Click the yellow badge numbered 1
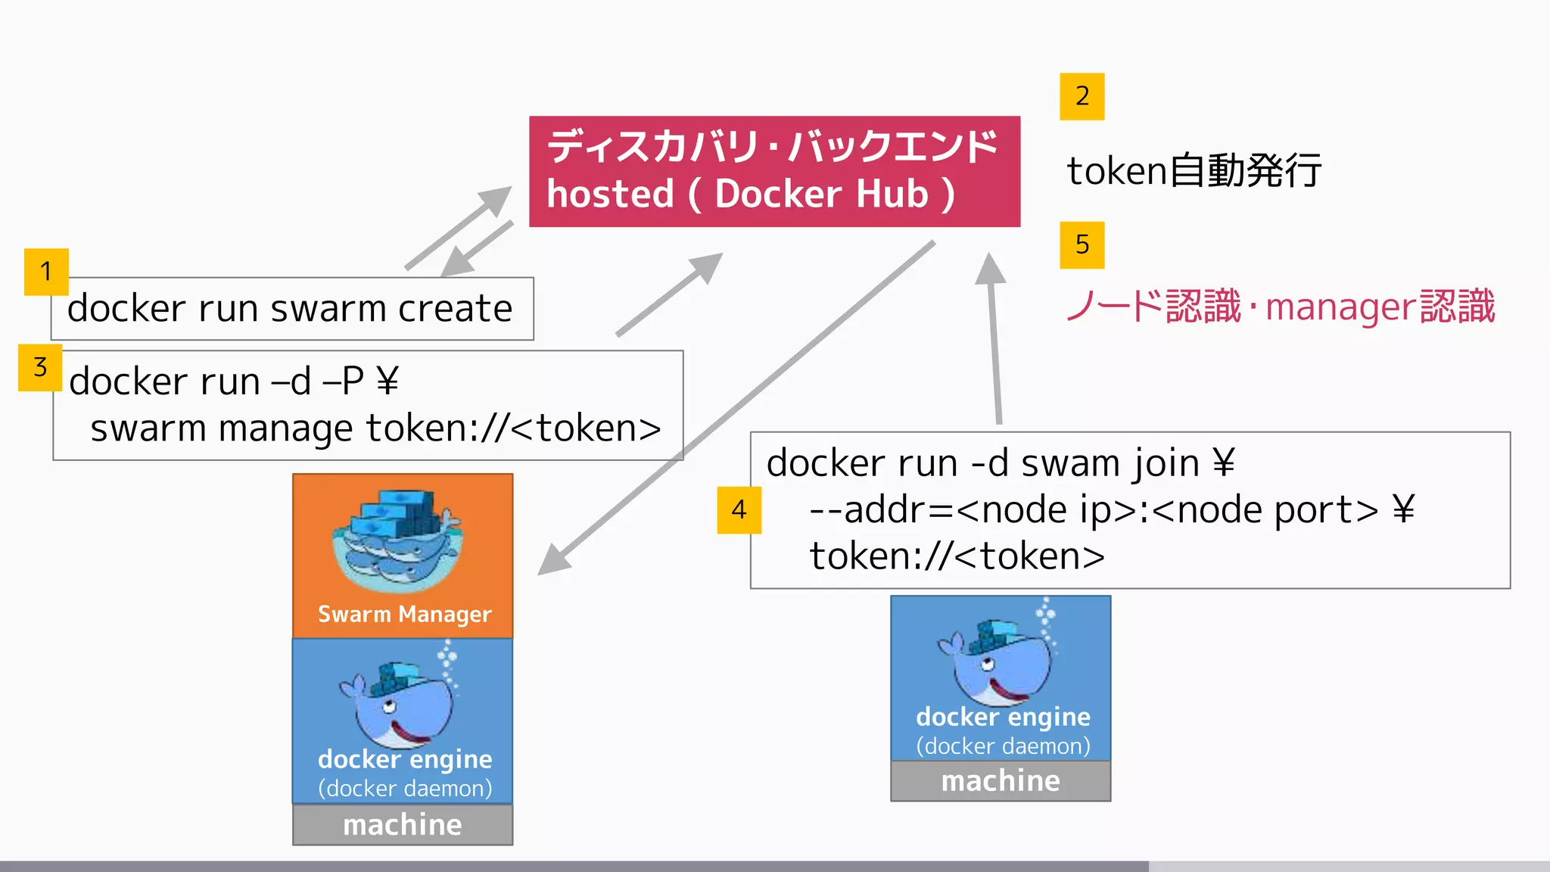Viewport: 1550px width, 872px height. [46, 271]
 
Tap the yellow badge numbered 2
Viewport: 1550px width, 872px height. [1082, 96]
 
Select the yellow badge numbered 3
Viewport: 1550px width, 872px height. [40, 367]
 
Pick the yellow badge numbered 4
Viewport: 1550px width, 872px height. [739, 510]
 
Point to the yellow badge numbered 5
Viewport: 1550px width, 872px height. [1082, 244]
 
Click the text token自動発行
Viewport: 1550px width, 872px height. [1194, 170]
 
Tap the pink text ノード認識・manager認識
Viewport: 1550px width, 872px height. [1280, 307]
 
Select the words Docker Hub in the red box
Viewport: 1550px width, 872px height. [821, 194]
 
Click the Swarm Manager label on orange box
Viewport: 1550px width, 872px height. [404, 614]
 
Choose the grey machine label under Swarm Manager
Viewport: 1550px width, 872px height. [402, 824]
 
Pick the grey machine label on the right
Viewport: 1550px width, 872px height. [1000, 780]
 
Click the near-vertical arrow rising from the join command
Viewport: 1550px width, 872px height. [994, 341]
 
